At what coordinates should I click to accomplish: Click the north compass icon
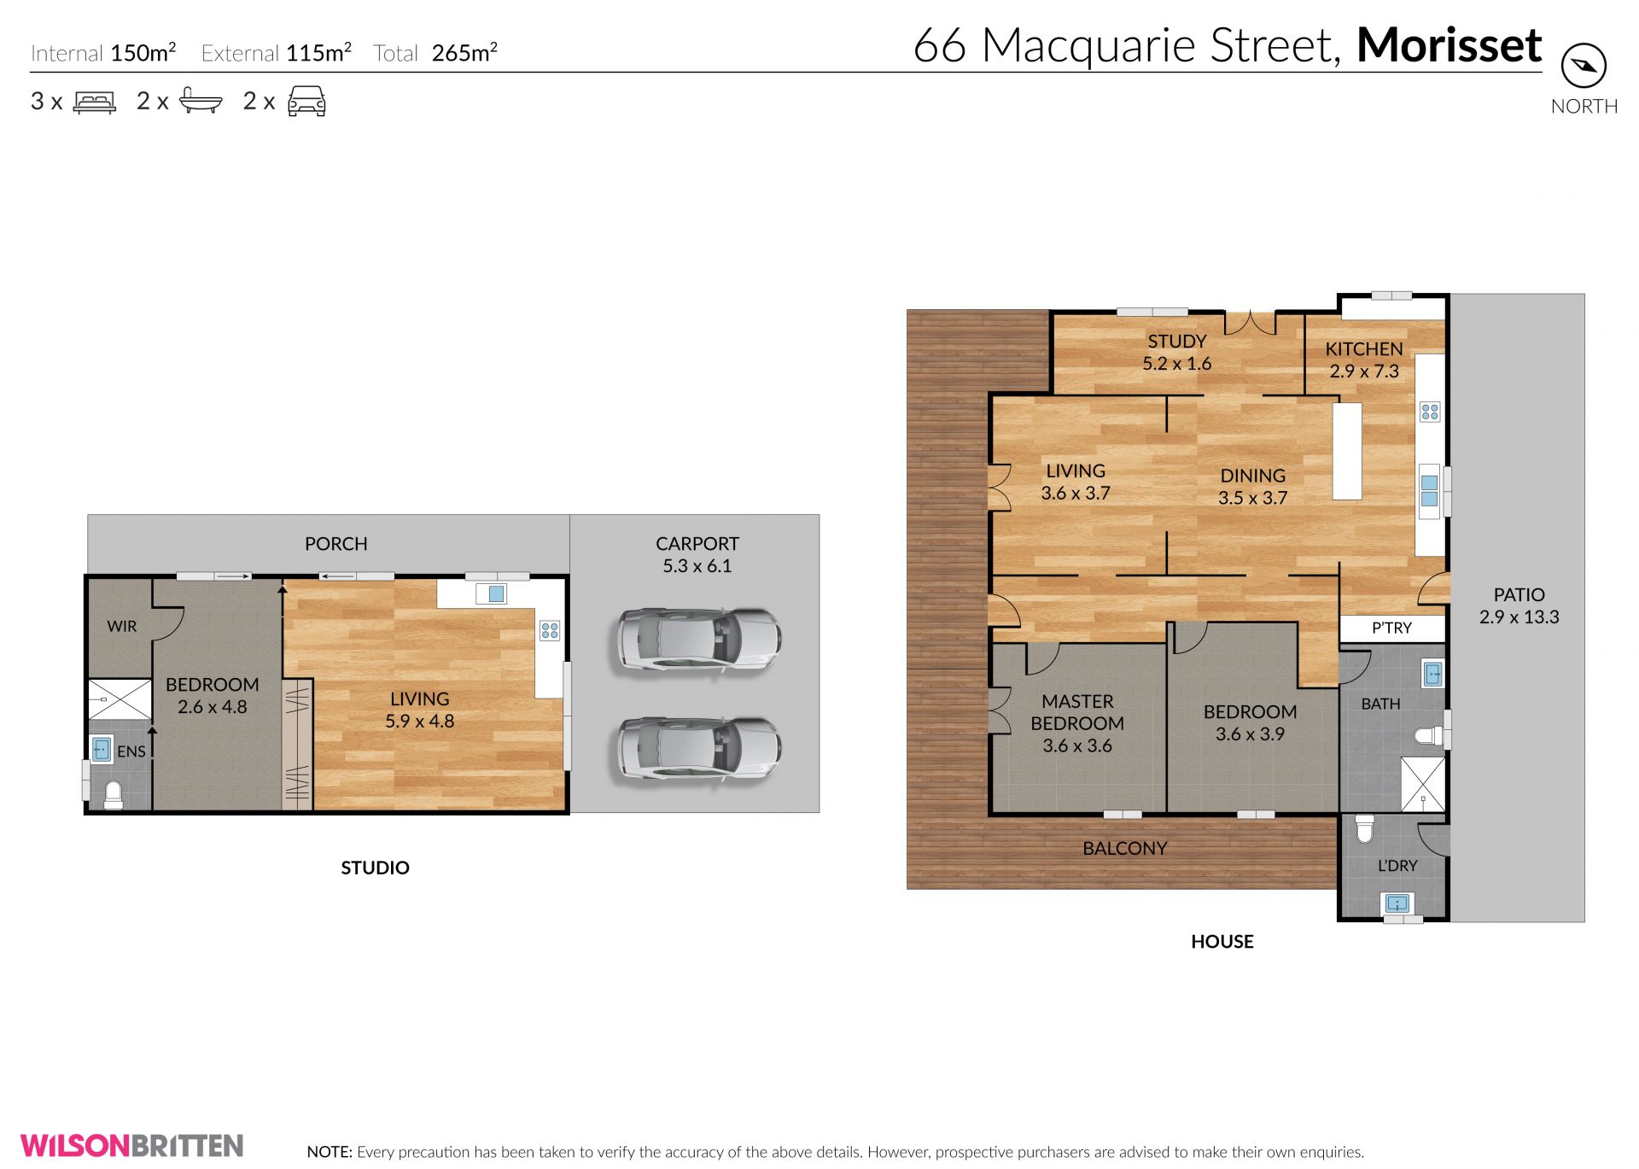[1584, 66]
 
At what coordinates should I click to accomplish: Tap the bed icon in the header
[95, 102]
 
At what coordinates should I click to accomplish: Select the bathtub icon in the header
[201, 102]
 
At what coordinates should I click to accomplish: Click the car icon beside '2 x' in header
[306, 101]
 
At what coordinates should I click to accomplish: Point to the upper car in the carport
[698, 638]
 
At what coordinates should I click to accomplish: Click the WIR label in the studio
[122, 626]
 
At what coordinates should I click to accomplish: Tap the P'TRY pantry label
[1391, 628]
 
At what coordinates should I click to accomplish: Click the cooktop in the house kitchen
[1430, 412]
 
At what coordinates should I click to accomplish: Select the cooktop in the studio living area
[550, 631]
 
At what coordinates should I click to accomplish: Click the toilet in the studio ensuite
[114, 795]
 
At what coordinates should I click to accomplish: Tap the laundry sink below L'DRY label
[1397, 903]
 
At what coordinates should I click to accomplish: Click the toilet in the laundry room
[1364, 828]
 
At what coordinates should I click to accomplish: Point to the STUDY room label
[1177, 341]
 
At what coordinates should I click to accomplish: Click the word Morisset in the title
[1449, 44]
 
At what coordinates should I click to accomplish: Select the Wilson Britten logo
[132, 1145]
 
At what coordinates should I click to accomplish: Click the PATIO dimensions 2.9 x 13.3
[1519, 617]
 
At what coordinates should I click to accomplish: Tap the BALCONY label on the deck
[1125, 848]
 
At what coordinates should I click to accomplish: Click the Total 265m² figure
[435, 53]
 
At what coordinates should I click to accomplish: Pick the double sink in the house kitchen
[1430, 491]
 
